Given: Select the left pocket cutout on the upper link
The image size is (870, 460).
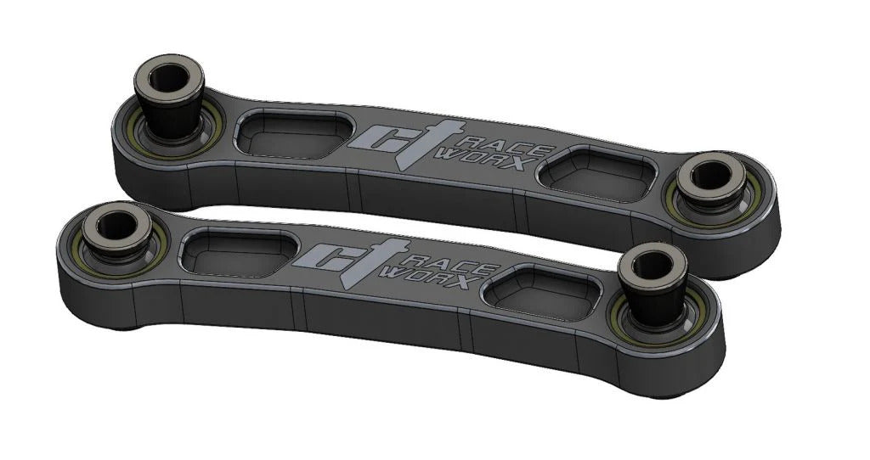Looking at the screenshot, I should (x=293, y=136).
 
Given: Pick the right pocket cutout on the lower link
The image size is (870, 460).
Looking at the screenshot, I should (x=539, y=292).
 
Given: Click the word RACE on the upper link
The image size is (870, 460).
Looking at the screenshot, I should (x=472, y=137).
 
